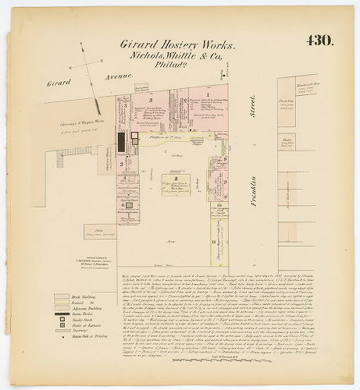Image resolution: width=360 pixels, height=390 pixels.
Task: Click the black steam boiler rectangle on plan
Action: (x=122, y=141)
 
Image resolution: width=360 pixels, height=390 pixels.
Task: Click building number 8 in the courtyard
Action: (x=176, y=179)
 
